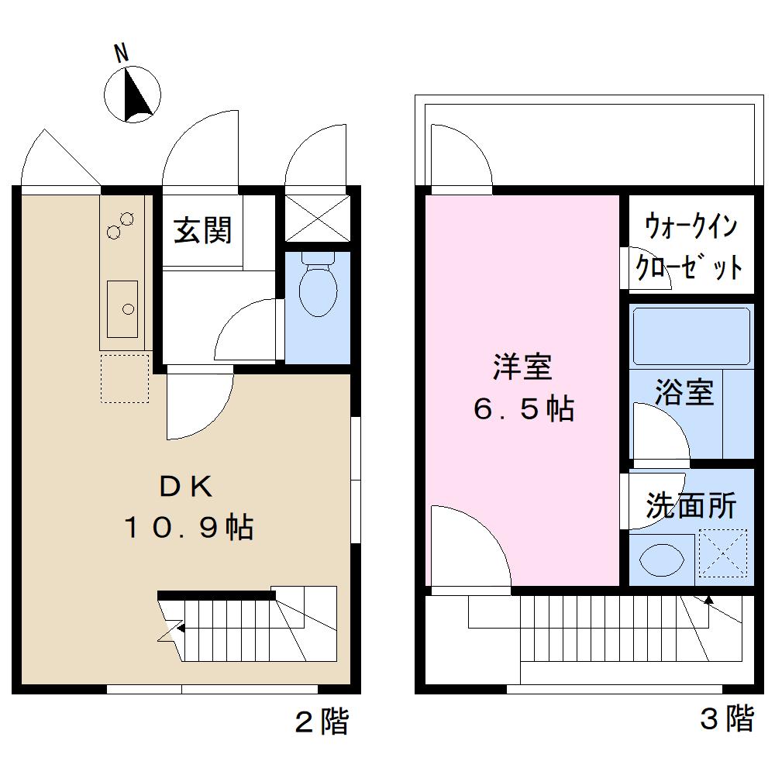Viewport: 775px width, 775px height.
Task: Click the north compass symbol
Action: (133, 95)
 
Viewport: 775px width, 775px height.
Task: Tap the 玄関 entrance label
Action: (202, 230)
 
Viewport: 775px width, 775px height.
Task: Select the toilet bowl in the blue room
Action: (318, 288)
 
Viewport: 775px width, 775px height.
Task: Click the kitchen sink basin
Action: (122, 308)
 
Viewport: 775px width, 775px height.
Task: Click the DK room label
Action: (185, 486)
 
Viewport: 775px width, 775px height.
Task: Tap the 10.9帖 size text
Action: (188, 528)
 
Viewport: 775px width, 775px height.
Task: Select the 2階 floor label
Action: (322, 722)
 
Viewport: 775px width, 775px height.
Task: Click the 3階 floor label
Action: (727, 719)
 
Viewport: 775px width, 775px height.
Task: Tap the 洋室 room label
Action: (522, 367)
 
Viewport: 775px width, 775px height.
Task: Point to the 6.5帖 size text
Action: (523, 408)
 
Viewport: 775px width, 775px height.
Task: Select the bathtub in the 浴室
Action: (691, 335)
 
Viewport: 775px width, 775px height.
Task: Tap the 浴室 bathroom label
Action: (684, 392)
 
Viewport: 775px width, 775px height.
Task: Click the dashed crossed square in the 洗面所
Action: (722, 553)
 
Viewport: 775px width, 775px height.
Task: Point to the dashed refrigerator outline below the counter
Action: (124, 379)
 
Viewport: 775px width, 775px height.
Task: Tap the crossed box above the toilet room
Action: (318, 217)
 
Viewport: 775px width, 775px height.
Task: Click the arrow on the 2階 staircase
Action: (180, 629)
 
